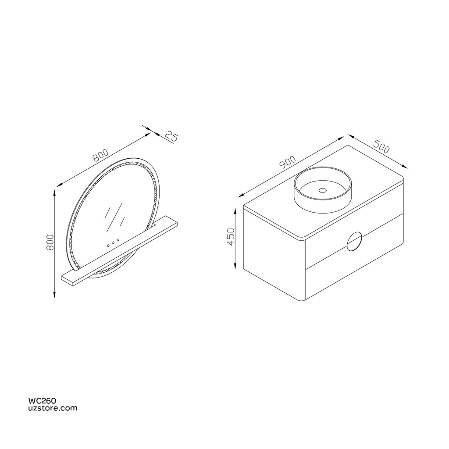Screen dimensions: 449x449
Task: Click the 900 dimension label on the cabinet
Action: [288, 162]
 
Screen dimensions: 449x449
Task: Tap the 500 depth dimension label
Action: [382, 146]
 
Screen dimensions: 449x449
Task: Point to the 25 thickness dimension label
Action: [172, 136]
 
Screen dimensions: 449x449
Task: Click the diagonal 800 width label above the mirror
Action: [100, 154]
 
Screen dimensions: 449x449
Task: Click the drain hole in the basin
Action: [322, 190]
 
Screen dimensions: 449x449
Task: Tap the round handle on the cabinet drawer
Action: [354, 242]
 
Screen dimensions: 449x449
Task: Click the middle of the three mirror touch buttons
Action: [113, 242]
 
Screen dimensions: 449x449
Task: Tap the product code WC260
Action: [42, 401]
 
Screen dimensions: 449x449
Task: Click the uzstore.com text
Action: [53, 408]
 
